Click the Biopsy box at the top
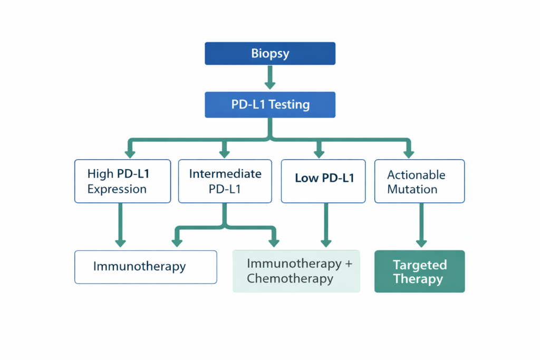pyautogui.click(x=270, y=54)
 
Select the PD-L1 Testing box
pyautogui.click(x=270, y=104)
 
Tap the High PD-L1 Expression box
pyautogui.click(x=122, y=181)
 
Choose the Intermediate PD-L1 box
pyautogui.click(x=225, y=181)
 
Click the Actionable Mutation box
pyautogui.click(x=419, y=181)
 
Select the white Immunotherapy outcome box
pyautogui.click(x=146, y=267)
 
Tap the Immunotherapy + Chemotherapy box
pyautogui.click(x=296, y=271)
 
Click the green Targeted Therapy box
pyautogui.click(x=419, y=271)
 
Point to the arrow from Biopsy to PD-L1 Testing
pyautogui.click(x=270, y=78)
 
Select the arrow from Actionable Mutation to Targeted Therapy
pyautogui.click(x=421, y=225)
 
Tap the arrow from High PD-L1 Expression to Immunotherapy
pyautogui.click(x=121, y=225)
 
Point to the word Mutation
pyautogui.click(x=412, y=189)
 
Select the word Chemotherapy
pyautogui.click(x=290, y=279)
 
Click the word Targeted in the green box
pyautogui.click(x=419, y=265)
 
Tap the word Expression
pyautogui.click(x=117, y=189)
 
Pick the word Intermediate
pyautogui.click(x=225, y=174)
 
